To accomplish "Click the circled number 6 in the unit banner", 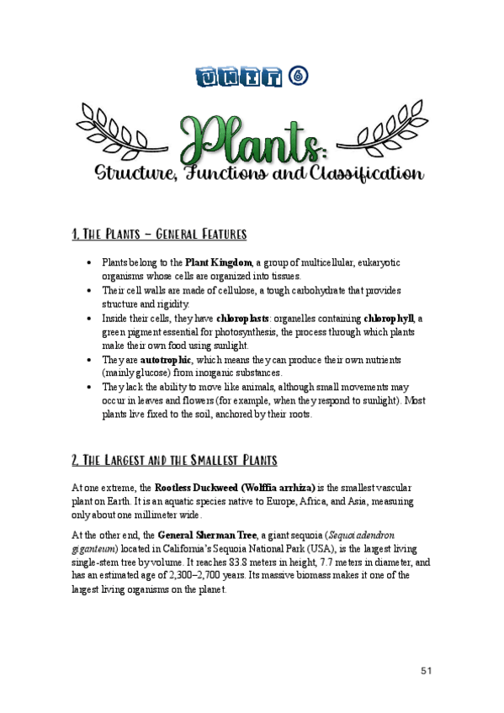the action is [x=299, y=77].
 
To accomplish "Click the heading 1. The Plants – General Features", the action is [x=159, y=233].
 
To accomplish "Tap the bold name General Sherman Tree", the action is [x=209, y=534].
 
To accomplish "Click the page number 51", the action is [x=427, y=670].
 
